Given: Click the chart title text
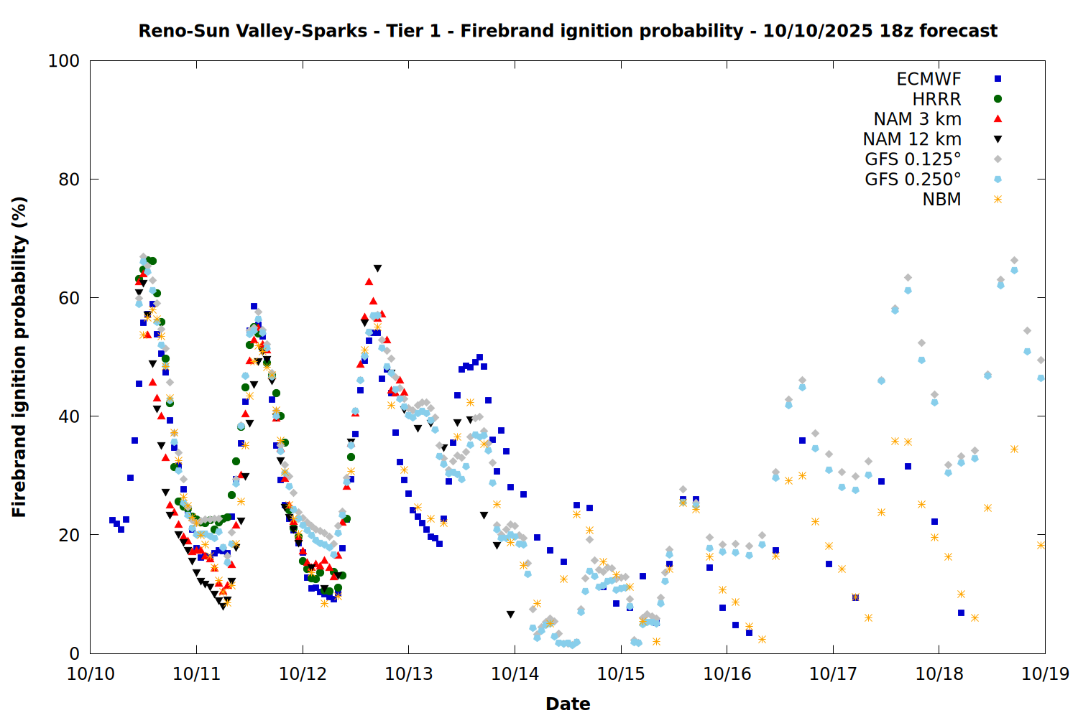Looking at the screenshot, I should [568, 31].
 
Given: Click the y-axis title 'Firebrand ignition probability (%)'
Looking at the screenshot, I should [19, 357].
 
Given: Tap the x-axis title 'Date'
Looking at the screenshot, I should [568, 704].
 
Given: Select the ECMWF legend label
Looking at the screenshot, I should [929, 79].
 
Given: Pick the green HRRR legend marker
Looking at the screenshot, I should [998, 99].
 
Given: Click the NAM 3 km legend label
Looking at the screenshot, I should [917, 119].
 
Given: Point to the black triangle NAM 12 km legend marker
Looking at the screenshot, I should [998, 139].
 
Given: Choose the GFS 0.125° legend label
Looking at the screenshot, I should [913, 159].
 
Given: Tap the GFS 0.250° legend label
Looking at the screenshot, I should [913, 179].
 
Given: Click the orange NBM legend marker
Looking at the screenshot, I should [998, 200].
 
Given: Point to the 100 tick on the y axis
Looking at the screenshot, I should [64, 61].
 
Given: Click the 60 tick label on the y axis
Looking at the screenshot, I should [69, 298].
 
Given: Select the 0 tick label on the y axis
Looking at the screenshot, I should [74, 653].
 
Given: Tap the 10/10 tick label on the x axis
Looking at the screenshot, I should [91, 674].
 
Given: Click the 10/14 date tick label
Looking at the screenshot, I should [515, 674].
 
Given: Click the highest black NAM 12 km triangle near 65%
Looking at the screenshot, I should [377, 269].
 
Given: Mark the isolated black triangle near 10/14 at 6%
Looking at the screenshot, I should [510, 615].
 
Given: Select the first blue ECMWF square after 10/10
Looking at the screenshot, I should [112, 520].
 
